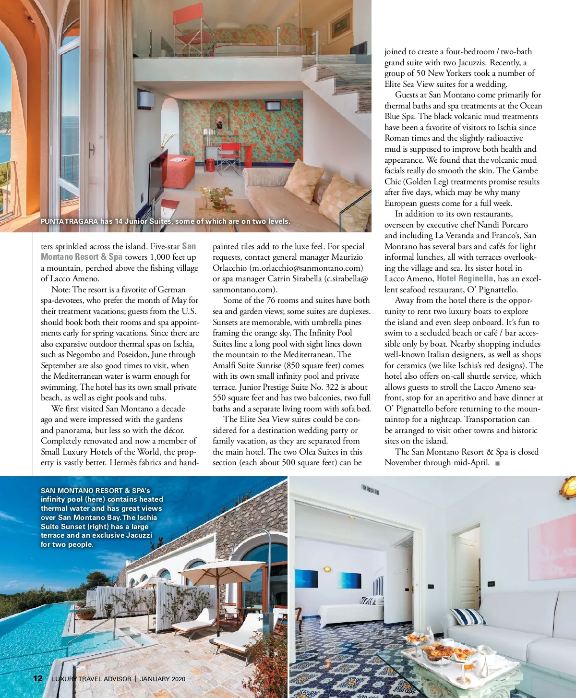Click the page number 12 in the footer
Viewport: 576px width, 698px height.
(37, 678)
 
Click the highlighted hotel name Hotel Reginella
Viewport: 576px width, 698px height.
(465, 278)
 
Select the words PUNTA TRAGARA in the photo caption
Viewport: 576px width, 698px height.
(69, 221)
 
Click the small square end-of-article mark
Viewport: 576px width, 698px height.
(497, 463)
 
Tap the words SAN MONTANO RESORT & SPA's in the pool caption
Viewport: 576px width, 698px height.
(95, 491)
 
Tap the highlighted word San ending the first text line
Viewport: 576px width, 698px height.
(189, 246)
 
